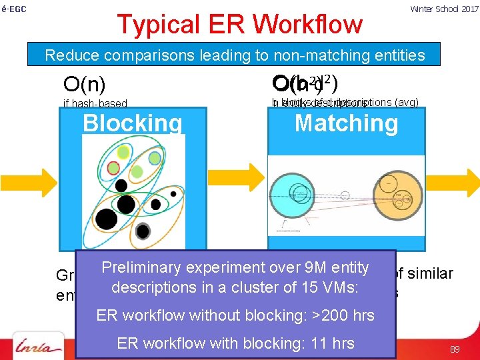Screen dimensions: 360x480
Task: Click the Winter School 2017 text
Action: point(444,9)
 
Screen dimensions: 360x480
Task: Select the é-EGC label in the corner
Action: point(13,9)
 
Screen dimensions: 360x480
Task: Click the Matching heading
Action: point(346,123)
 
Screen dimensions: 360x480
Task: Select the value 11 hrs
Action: point(329,343)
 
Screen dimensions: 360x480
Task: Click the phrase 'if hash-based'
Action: point(94,103)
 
